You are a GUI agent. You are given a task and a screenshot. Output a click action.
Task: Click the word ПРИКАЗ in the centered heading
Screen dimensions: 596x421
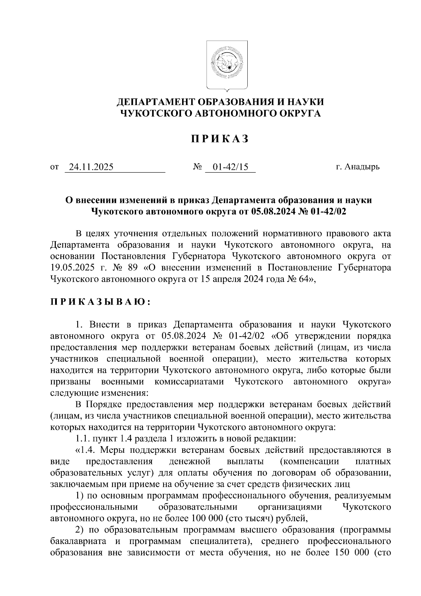pos(220,139)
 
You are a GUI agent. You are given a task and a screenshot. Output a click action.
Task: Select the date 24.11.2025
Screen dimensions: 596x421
pos(91,167)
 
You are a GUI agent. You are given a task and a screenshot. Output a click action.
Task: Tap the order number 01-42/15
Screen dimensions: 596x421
pos(230,167)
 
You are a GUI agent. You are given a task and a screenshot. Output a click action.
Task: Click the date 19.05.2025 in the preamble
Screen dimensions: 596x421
pos(72,268)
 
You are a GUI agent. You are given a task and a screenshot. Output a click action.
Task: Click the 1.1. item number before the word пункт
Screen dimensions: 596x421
pos(83,439)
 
